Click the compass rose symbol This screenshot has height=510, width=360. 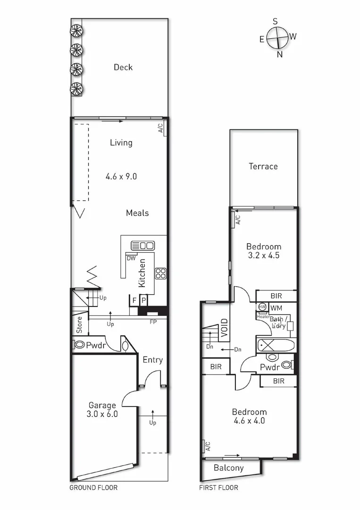coord(277,37)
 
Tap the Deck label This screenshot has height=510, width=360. coord(123,67)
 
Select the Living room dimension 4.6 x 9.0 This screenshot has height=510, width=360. coord(121,177)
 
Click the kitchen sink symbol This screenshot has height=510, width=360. coord(142,246)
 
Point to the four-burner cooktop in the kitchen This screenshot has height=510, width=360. coord(161,273)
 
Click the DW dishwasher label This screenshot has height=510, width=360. coord(131,258)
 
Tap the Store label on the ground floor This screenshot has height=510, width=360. coord(80,324)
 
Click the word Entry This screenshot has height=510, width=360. coord(152,360)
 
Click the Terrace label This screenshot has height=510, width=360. coord(263,166)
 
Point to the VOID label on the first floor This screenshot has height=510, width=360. coord(224,327)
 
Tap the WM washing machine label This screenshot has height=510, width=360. coord(276,307)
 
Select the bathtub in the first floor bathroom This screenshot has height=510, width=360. coord(276,344)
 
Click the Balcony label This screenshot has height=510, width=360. coord(229,468)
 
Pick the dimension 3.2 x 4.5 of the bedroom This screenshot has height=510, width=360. coord(264,255)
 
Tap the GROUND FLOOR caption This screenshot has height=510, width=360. coord(93,488)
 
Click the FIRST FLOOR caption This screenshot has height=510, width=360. coord(219,488)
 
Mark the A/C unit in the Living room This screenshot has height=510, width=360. coord(161,128)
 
